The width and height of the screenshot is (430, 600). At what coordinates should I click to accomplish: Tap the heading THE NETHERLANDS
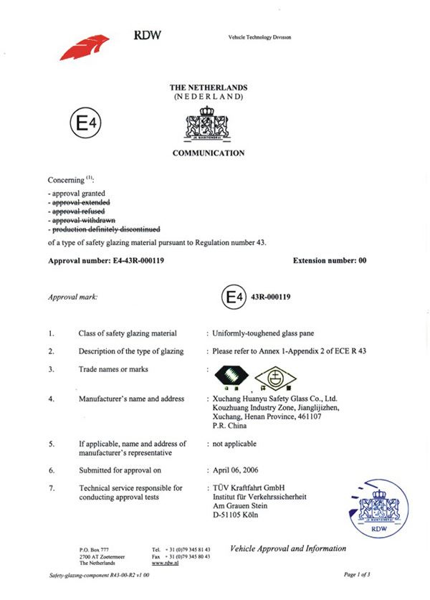208,87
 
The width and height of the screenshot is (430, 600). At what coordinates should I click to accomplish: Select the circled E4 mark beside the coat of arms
85,124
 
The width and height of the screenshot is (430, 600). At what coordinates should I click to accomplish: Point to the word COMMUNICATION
208,153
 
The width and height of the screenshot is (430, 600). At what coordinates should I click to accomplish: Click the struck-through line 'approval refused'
77,211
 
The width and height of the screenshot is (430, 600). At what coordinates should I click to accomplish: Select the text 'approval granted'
77,194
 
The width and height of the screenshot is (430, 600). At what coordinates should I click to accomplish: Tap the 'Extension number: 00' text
330,261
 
